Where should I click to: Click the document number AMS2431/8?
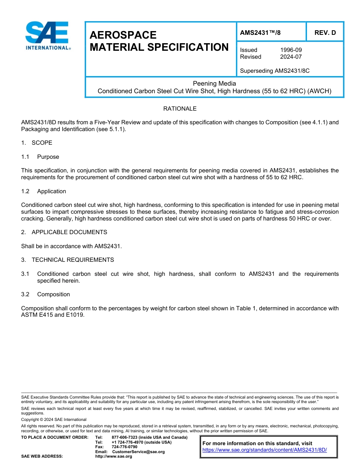260,33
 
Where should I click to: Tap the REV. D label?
325,33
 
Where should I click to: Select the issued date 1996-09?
291,50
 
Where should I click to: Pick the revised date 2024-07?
291,57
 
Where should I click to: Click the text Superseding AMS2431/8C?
275,70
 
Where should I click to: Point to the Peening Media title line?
214,83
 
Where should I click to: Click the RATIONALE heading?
180,109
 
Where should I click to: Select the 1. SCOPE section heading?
37,143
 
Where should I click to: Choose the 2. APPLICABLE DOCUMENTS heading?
64,232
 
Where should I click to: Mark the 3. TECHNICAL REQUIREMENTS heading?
67,260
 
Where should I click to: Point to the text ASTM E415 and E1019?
53,315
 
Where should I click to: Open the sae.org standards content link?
265,450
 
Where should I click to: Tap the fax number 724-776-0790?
124,447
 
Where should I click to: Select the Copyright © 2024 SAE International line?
54,419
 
